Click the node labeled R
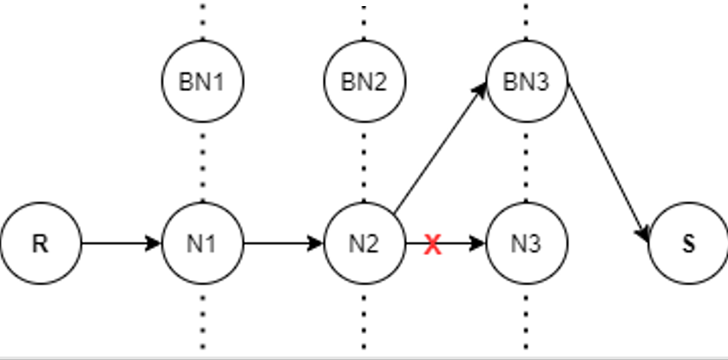coord(40,244)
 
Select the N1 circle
coord(202,244)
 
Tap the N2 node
coord(364,244)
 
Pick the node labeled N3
coord(526,244)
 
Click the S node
coord(688,244)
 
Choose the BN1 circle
coord(202,82)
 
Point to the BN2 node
coord(364,82)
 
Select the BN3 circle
coord(526,82)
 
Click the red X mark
coord(433,245)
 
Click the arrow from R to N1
coord(121,244)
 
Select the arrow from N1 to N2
coord(283,244)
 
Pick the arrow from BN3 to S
coord(607,160)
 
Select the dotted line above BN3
coord(526,20)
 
